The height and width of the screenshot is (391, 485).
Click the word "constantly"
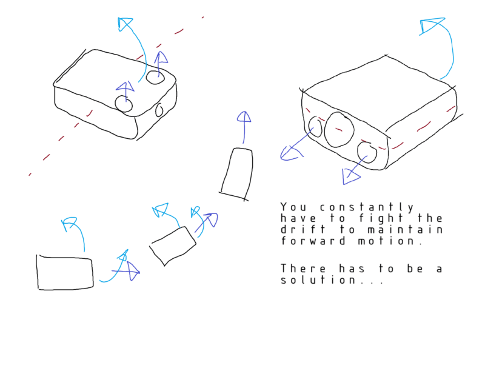[x=367, y=207]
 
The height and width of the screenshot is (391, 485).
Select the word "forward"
[x=313, y=241]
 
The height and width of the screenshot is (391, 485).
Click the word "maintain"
[x=405, y=229]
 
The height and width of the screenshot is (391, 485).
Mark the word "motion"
[x=386, y=241]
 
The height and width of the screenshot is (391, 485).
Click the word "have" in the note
[x=298, y=218]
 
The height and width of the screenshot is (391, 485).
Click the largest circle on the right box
[x=339, y=130]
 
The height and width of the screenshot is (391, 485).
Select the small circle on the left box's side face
[x=159, y=110]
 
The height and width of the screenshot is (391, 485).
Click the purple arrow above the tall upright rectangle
[x=244, y=127]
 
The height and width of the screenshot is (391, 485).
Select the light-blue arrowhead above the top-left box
[x=125, y=24]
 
